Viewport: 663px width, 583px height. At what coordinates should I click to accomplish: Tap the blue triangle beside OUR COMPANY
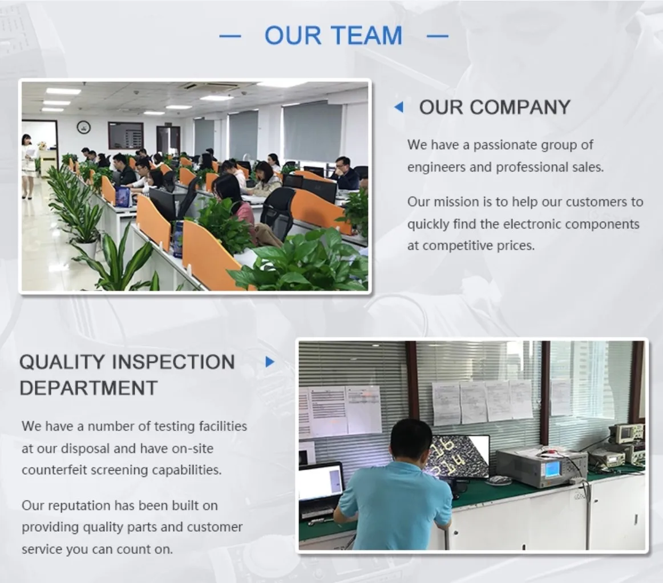pos(398,107)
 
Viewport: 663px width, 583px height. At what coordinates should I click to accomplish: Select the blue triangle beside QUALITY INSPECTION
pos(270,362)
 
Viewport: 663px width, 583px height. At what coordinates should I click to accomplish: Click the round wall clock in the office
pos(84,127)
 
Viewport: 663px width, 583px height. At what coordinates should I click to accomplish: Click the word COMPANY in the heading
pos(520,107)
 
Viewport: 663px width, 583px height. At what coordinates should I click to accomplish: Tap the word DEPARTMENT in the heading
pos(88,388)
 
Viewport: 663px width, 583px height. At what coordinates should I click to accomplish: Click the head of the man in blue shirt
pos(411,440)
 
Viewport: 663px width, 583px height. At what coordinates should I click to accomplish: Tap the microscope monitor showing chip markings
pos(460,456)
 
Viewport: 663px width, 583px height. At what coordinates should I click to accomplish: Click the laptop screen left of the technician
pos(321,482)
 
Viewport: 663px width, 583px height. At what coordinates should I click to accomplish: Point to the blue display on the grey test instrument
pos(552,468)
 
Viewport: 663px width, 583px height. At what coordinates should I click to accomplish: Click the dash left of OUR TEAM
pos(230,36)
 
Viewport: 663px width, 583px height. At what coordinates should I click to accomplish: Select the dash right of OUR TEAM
pos(438,36)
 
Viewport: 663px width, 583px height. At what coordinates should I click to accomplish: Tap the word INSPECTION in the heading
pos(174,362)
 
